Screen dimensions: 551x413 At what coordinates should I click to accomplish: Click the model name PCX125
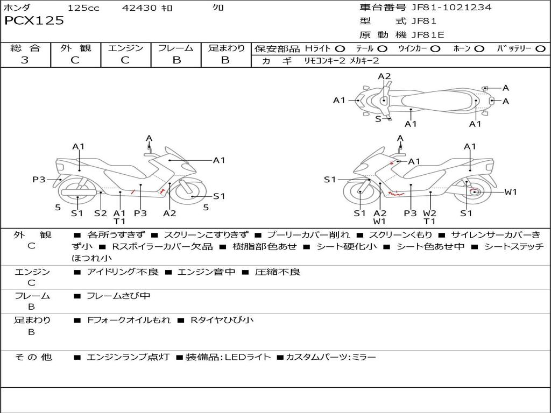click(34, 21)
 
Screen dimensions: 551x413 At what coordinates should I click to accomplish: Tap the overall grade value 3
click(25, 60)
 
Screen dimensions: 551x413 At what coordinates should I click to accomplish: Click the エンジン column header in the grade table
click(125, 48)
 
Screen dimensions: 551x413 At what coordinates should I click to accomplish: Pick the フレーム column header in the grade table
click(176, 48)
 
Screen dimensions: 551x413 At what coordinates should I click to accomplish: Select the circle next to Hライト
click(340, 49)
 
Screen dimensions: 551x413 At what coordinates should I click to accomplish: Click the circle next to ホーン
click(479, 49)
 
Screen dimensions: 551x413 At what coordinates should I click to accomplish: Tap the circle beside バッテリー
click(540, 49)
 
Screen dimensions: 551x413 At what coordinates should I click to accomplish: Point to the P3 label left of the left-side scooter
click(39, 180)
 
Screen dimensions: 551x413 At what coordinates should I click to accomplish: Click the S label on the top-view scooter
click(378, 119)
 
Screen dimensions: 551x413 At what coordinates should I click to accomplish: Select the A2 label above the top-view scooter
click(384, 76)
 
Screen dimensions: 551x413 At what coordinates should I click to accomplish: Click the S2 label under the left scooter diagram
click(101, 213)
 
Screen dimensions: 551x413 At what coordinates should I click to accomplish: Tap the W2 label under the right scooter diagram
click(429, 213)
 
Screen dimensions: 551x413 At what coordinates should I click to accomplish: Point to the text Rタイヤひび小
click(222, 320)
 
